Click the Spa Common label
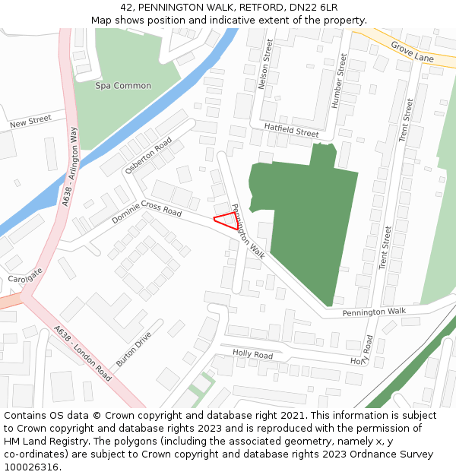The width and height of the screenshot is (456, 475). tap(123, 86)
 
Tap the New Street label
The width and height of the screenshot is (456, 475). tap(30, 122)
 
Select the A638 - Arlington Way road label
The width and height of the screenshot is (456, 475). tap(71, 167)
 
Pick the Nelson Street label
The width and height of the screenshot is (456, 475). tap(266, 66)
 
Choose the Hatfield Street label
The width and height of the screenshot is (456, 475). tap(291, 131)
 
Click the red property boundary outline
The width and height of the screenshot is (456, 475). tap(226, 220)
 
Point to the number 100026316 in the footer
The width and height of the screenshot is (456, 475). tap(33, 467)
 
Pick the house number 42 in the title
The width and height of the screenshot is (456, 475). tap(125, 7)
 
